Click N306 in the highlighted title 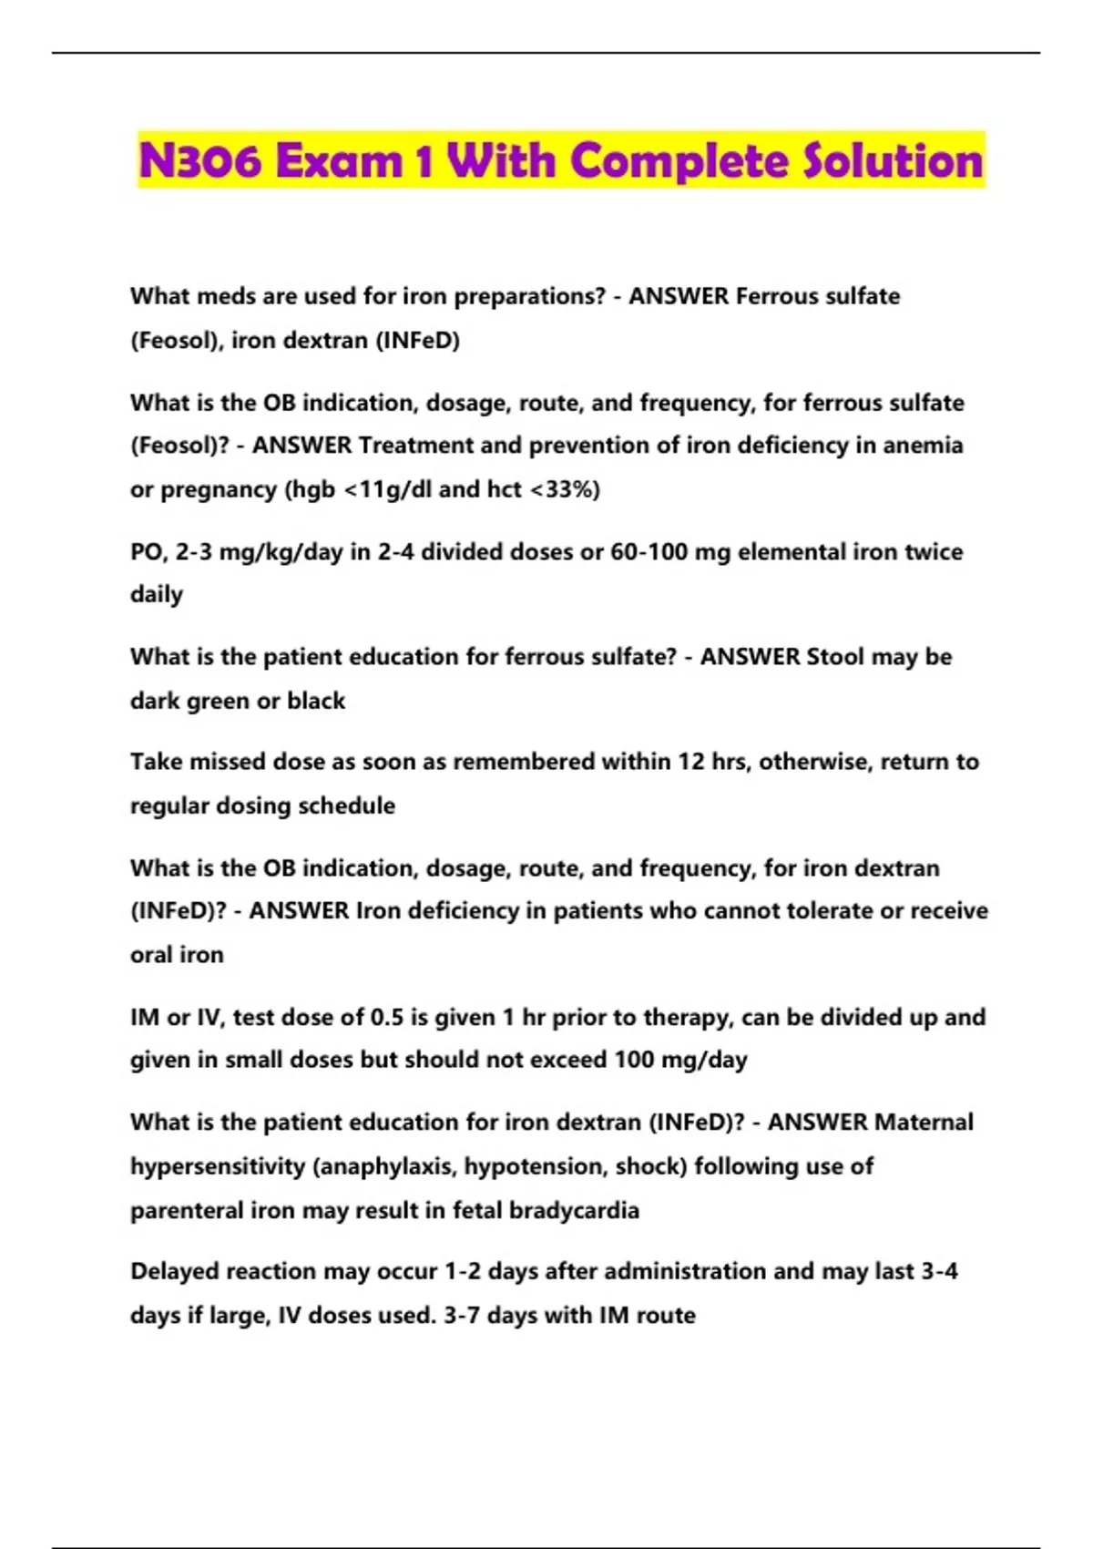click(x=200, y=161)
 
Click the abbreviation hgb click(x=311, y=489)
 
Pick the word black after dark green click(x=316, y=701)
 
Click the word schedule click(x=347, y=805)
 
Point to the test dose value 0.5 click(x=387, y=1017)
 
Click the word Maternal click(x=923, y=1123)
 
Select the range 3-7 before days click(x=462, y=1316)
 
